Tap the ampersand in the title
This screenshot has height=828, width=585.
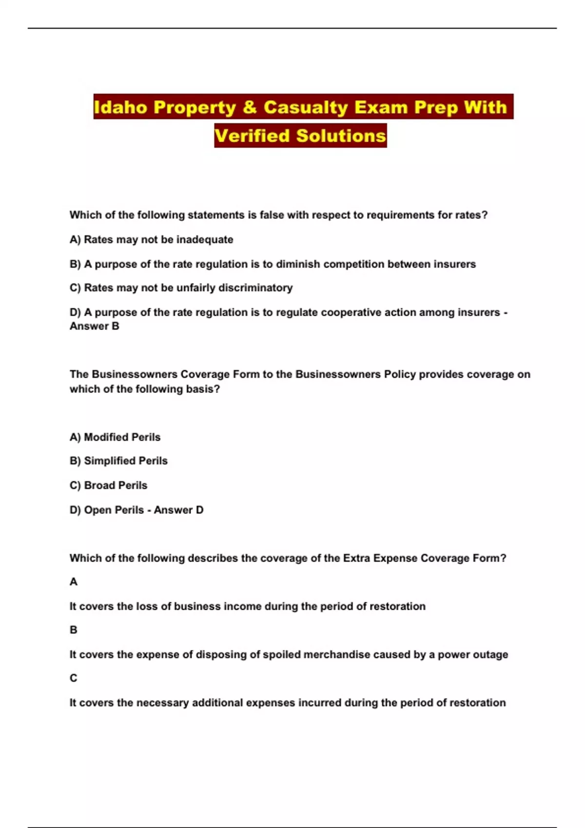[x=249, y=107]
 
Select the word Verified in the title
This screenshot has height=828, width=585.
[x=252, y=135]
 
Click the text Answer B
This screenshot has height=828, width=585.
[x=94, y=326]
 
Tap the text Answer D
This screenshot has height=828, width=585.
[x=178, y=510]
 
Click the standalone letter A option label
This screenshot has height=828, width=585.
[x=74, y=582]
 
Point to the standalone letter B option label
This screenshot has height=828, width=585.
[x=74, y=630]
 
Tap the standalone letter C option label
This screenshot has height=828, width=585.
[x=74, y=678]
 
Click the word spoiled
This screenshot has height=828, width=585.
[x=280, y=655]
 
